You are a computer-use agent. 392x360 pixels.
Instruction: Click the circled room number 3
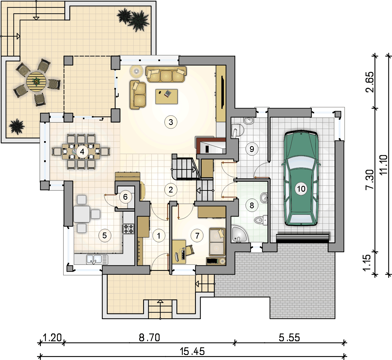[171, 122]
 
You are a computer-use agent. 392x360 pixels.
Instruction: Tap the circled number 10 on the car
[301, 189]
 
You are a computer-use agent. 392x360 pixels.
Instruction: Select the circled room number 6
[125, 197]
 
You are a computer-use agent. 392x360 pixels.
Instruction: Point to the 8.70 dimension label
[149, 338]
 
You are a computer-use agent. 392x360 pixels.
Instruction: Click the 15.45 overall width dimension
[192, 351]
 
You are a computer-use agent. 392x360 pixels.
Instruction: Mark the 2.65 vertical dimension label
[370, 82]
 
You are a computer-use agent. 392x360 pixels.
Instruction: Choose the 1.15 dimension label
[367, 263]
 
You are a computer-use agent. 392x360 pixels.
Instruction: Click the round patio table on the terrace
[36, 82]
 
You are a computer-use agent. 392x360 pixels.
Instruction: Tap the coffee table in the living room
[166, 96]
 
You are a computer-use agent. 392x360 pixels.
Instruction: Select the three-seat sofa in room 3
[166, 74]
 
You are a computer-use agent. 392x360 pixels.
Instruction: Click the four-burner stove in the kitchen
[128, 229]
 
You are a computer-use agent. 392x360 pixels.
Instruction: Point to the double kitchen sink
[97, 259]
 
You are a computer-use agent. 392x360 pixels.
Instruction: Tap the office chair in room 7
[189, 250]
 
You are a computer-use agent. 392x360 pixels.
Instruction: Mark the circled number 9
[252, 149]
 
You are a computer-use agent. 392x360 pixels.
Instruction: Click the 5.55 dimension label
[289, 338]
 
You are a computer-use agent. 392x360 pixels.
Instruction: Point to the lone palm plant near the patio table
[17, 127]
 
